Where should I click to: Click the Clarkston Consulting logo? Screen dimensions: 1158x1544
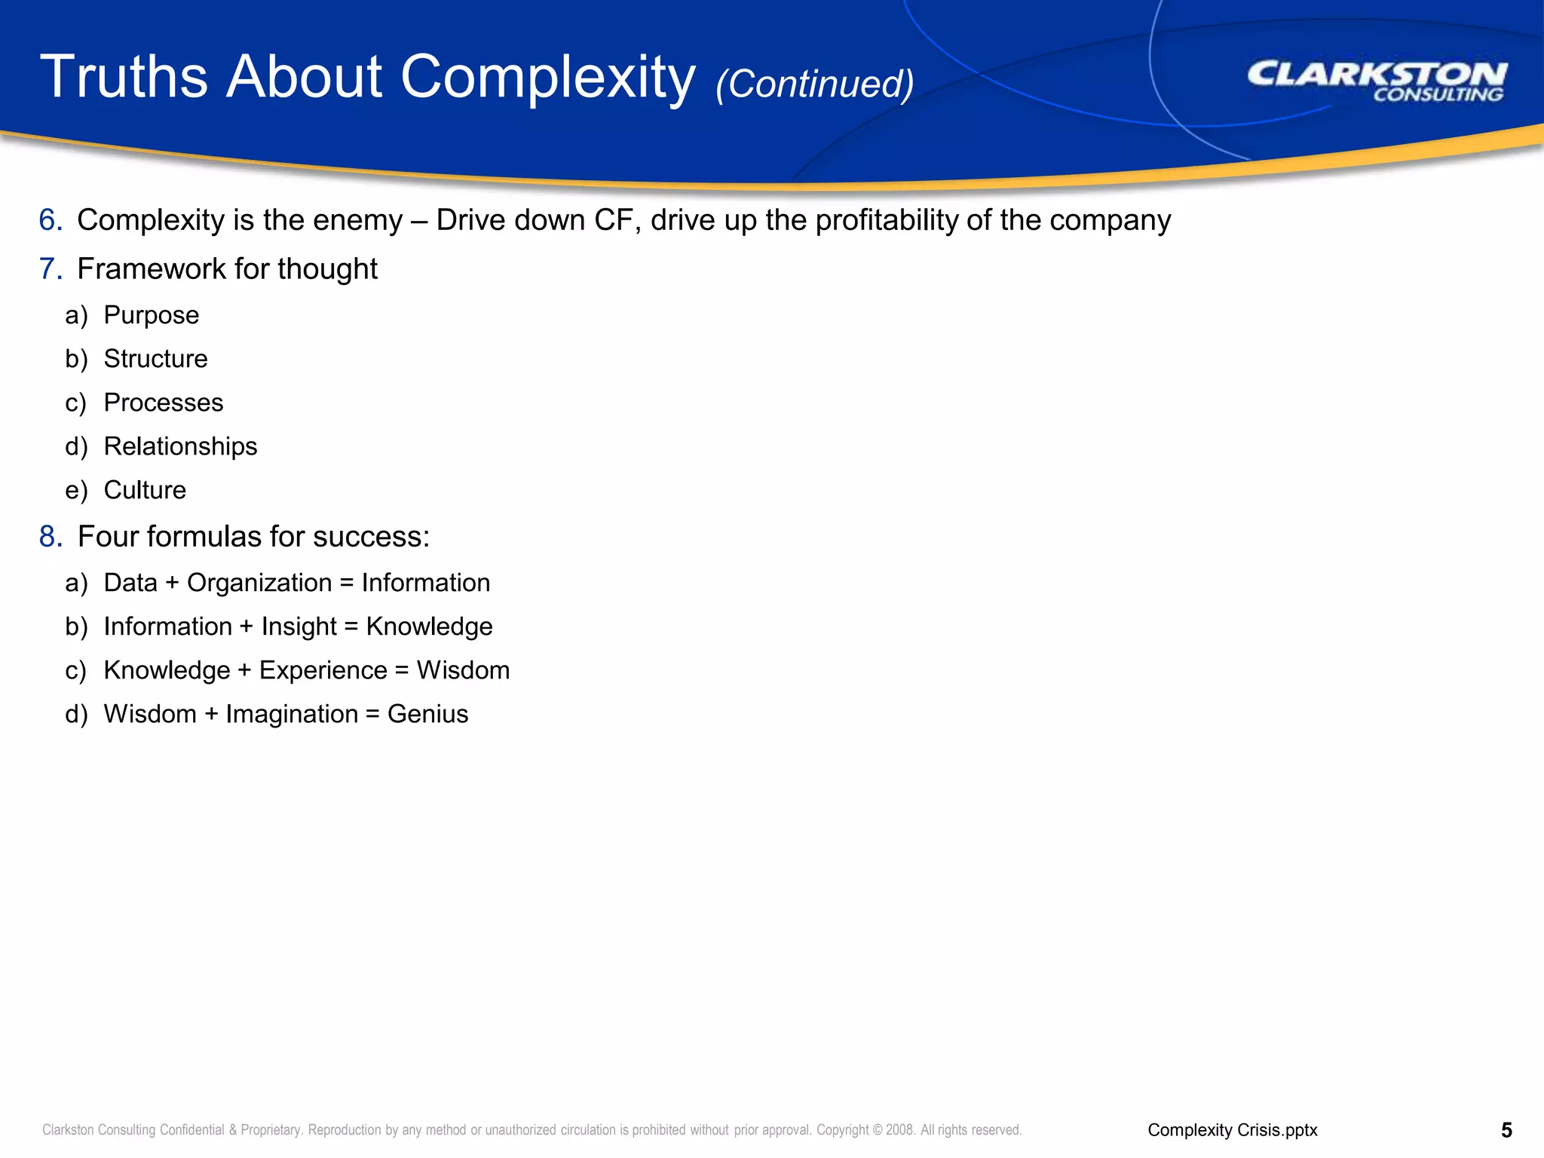click(x=1377, y=81)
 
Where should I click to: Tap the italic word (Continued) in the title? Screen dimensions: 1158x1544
click(x=814, y=84)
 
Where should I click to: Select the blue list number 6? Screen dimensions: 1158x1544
click(x=50, y=220)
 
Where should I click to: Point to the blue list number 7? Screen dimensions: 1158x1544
click(x=50, y=269)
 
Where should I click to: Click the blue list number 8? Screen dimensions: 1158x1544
click(x=50, y=537)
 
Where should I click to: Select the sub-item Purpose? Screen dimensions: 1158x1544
click(x=152, y=315)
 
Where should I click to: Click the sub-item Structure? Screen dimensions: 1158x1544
click(x=155, y=359)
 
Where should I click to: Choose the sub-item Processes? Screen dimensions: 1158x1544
click(x=164, y=403)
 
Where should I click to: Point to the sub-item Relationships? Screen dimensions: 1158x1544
click(x=180, y=446)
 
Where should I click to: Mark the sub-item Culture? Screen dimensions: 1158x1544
click(x=145, y=490)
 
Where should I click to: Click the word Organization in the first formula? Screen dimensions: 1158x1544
click(x=259, y=583)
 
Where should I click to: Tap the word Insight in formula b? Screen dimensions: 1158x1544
click(x=299, y=626)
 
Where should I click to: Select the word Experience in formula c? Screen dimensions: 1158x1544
click(x=323, y=670)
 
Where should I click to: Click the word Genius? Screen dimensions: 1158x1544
click(x=427, y=714)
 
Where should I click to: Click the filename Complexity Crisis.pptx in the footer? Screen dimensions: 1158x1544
click(x=1232, y=1130)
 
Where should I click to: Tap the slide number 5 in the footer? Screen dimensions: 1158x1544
click(x=1506, y=1130)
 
